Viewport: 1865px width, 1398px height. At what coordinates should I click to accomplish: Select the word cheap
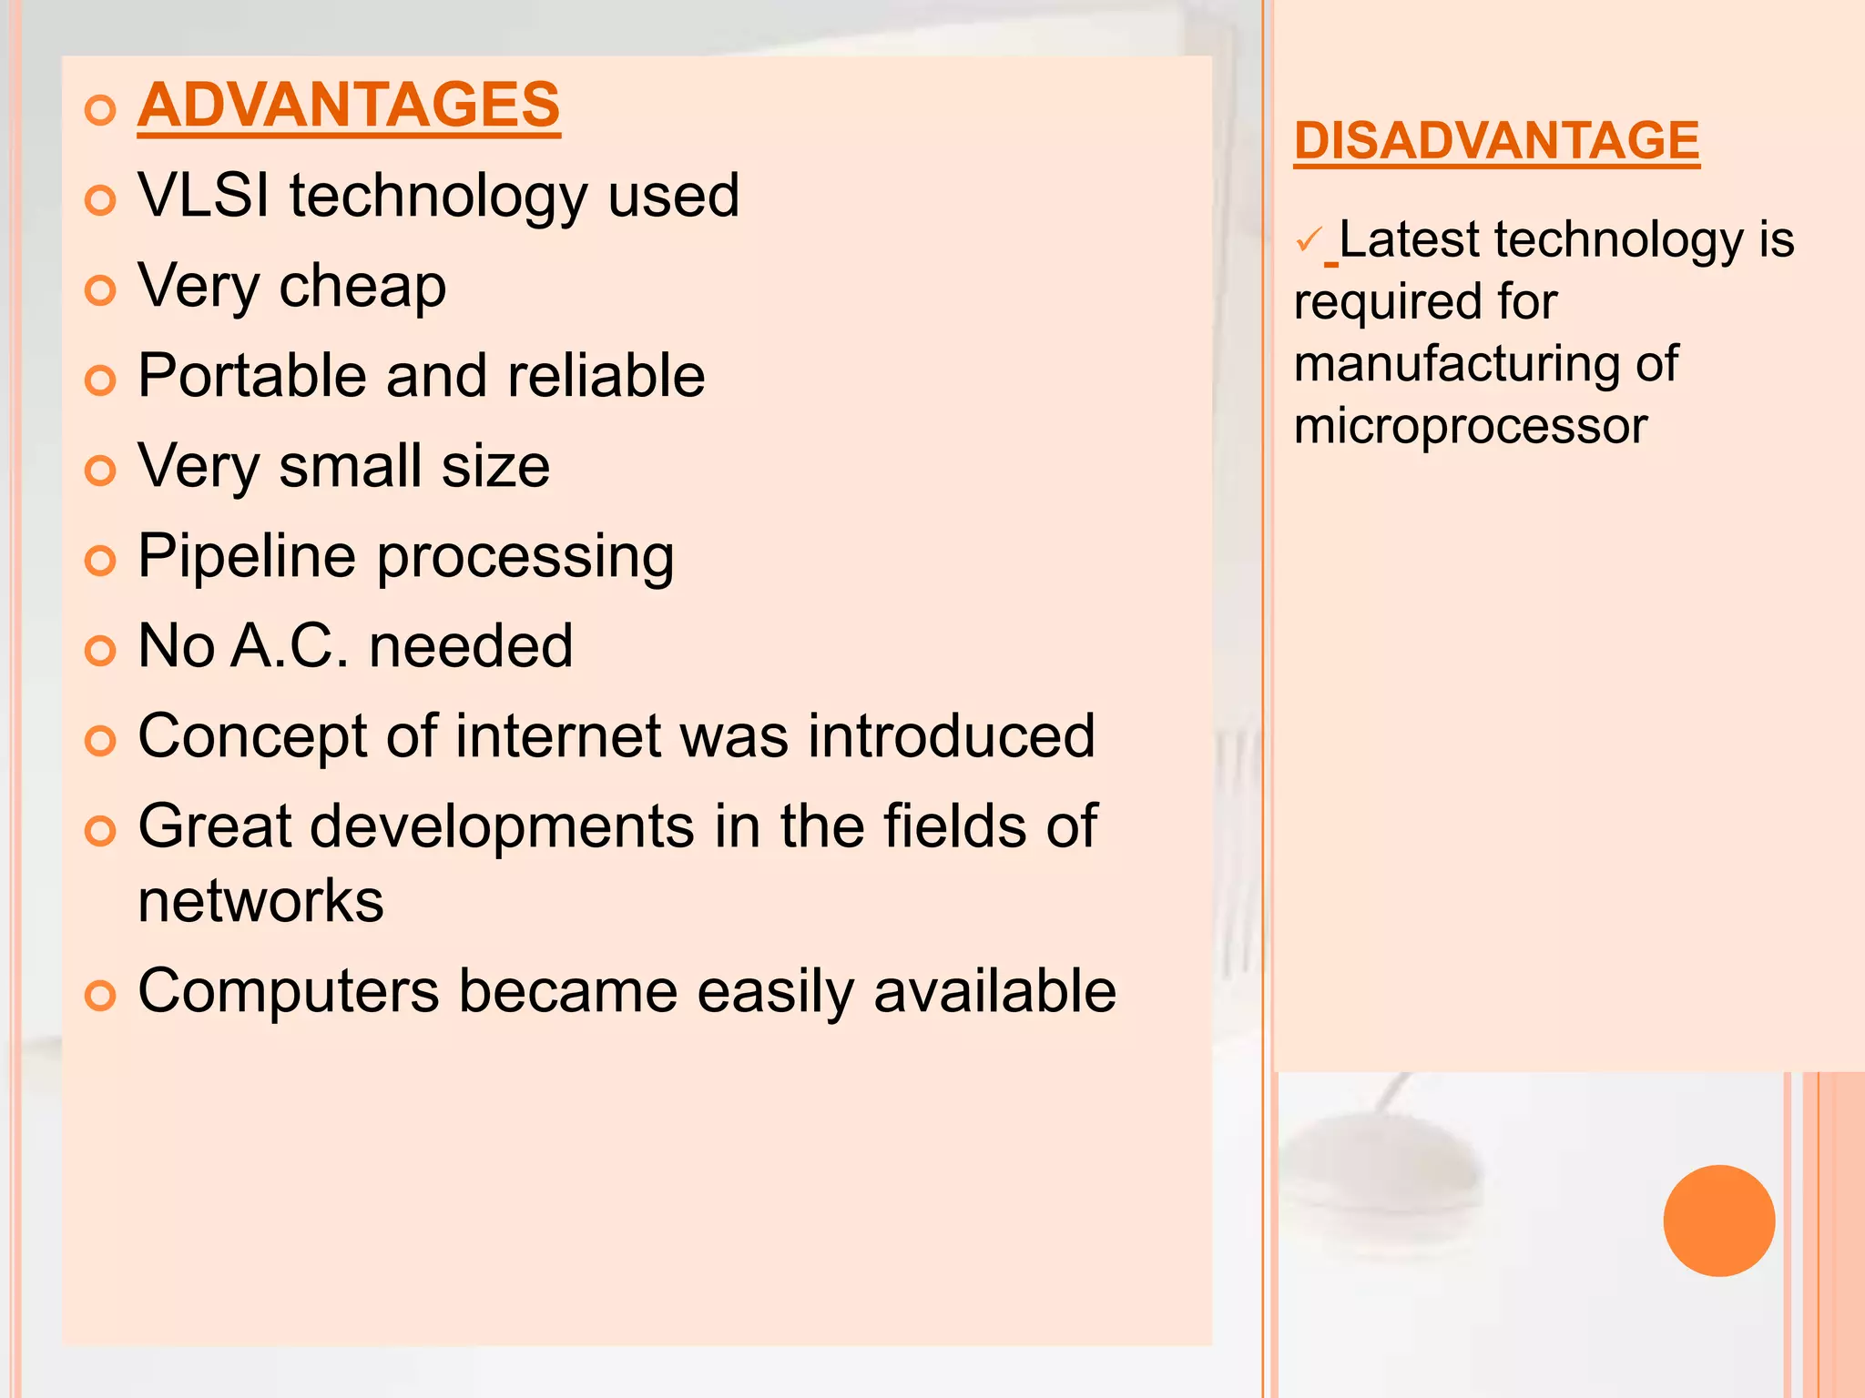coord(362,287)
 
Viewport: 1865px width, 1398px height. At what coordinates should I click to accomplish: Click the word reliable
coord(606,376)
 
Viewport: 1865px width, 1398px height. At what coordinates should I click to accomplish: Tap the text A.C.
coord(290,646)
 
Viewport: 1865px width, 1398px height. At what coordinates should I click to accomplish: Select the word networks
coord(260,901)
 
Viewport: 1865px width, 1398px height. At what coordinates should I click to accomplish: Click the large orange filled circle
coord(1718,1221)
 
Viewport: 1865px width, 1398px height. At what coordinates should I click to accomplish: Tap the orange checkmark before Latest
coord(1309,241)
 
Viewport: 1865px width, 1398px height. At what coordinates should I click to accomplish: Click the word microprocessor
coord(1470,426)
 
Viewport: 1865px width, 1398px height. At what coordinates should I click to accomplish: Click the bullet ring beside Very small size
coord(100,471)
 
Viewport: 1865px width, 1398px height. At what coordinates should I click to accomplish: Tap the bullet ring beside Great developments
coord(100,830)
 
